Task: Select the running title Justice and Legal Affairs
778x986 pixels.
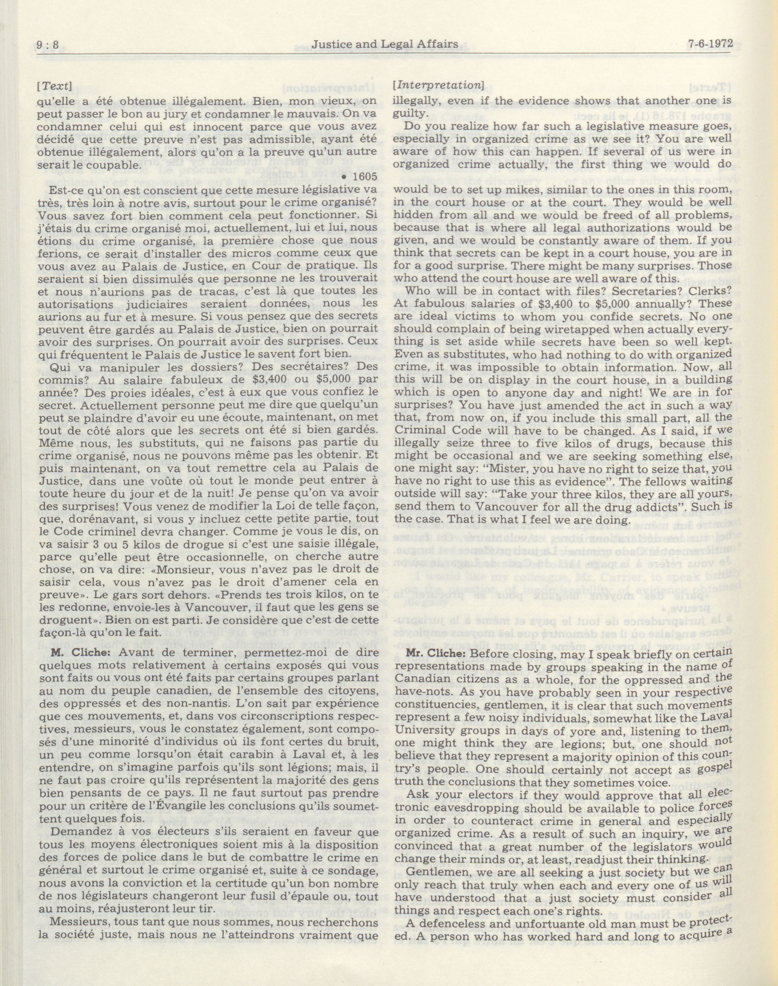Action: click(384, 44)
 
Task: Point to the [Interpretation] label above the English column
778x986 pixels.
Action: click(438, 85)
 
